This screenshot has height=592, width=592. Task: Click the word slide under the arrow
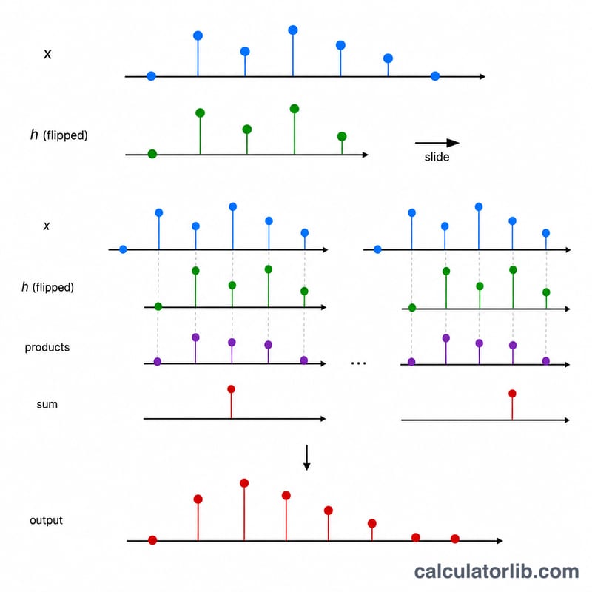tap(437, 157)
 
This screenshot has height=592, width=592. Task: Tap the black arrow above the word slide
tap(437, 143)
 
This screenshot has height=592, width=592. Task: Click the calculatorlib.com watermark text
tap(497, 571)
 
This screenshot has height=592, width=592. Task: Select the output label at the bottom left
tap(46, 520)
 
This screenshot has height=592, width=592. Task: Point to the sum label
tap(47, 404)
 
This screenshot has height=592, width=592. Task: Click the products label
tap(47, 347)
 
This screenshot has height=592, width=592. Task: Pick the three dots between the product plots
tap(358, 363)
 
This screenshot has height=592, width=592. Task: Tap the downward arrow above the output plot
tap(307, 457)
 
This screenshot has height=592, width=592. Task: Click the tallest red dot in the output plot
tap(244, 483)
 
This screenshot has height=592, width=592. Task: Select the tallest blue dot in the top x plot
tap(293, 30)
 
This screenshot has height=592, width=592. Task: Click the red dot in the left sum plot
tap(232, 389)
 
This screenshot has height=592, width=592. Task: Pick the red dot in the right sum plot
tap(512, 394)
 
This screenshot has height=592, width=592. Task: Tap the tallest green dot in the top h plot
tap(295, 109)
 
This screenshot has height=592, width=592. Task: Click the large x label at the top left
tap(47, 54)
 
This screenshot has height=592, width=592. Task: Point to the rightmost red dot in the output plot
tap(455, 539)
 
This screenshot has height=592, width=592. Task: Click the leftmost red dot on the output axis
tap(152, 540)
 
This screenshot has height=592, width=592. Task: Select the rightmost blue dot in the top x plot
tap(435, 76)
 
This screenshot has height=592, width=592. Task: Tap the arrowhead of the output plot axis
tap(500, 541)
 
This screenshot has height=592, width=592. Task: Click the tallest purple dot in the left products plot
tap(195, 337)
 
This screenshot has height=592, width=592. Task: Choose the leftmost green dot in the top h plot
tap(152, 154)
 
